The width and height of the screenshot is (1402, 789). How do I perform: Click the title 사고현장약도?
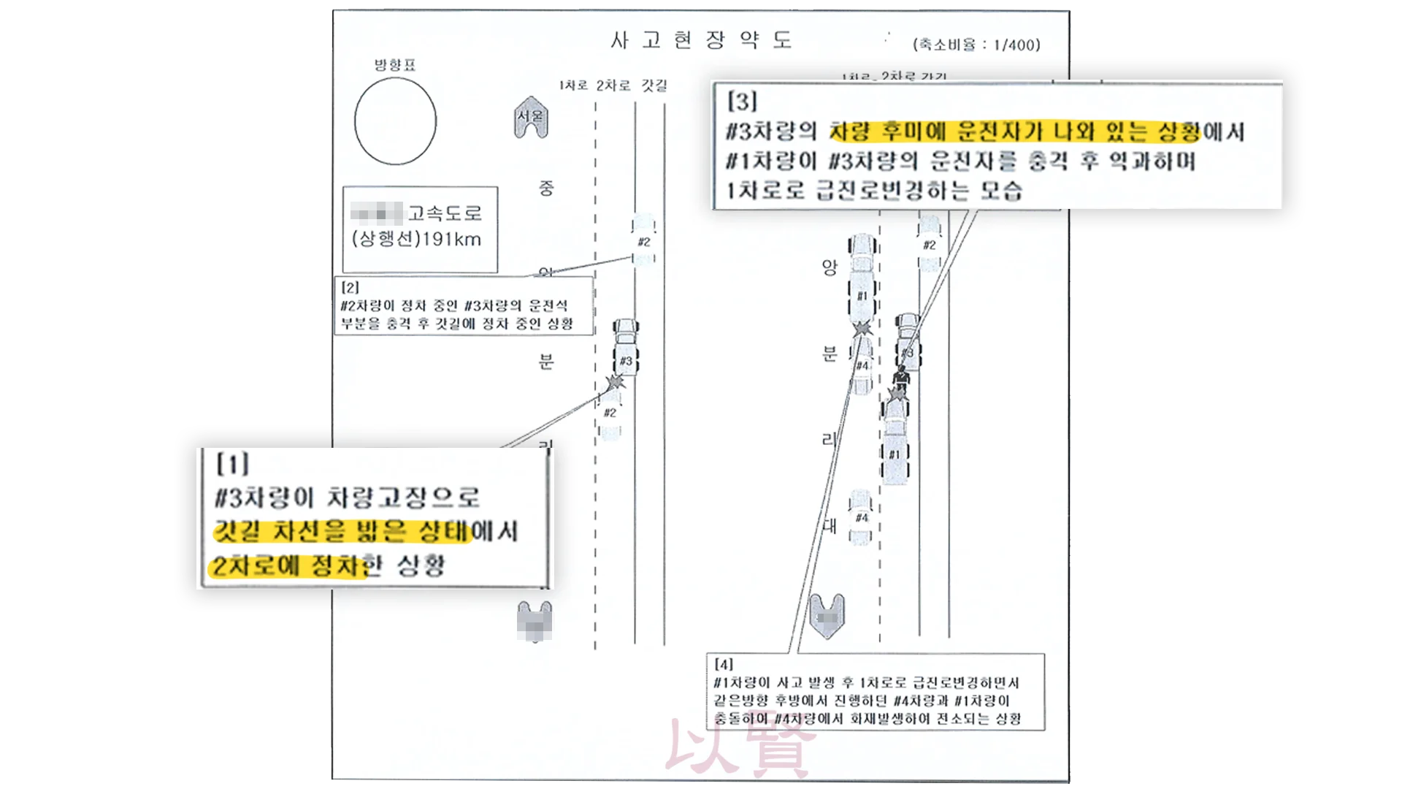coord(701,40)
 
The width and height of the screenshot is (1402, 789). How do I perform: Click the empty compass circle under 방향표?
coord(395,121)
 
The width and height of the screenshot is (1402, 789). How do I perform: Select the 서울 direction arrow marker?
coord(531,118)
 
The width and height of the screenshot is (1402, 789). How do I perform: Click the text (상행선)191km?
coord(416,240)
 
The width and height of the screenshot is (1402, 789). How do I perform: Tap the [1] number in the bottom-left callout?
coord(233,464)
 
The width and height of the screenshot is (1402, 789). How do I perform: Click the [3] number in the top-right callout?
coord(742,102)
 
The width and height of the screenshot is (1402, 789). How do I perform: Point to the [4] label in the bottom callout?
coord(724,664)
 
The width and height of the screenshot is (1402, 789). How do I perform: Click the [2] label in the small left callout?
coord(350,288)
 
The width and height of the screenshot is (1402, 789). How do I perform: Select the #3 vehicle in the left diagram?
coord(626,348)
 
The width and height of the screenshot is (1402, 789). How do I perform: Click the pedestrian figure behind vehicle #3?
coord(903,376)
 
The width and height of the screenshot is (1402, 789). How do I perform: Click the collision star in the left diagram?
coord(616,381)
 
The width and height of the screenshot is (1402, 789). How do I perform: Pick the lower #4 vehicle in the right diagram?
coord(861,518)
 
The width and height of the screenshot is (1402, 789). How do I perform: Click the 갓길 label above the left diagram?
coord(654,85)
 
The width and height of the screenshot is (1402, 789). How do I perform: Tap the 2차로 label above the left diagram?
coord(613,85)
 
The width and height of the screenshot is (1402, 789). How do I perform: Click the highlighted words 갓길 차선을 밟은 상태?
coord(343,532)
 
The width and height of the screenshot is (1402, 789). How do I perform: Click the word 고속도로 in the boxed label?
coord(445,213)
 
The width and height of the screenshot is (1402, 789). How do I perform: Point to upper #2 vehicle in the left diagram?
coord(643,240)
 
